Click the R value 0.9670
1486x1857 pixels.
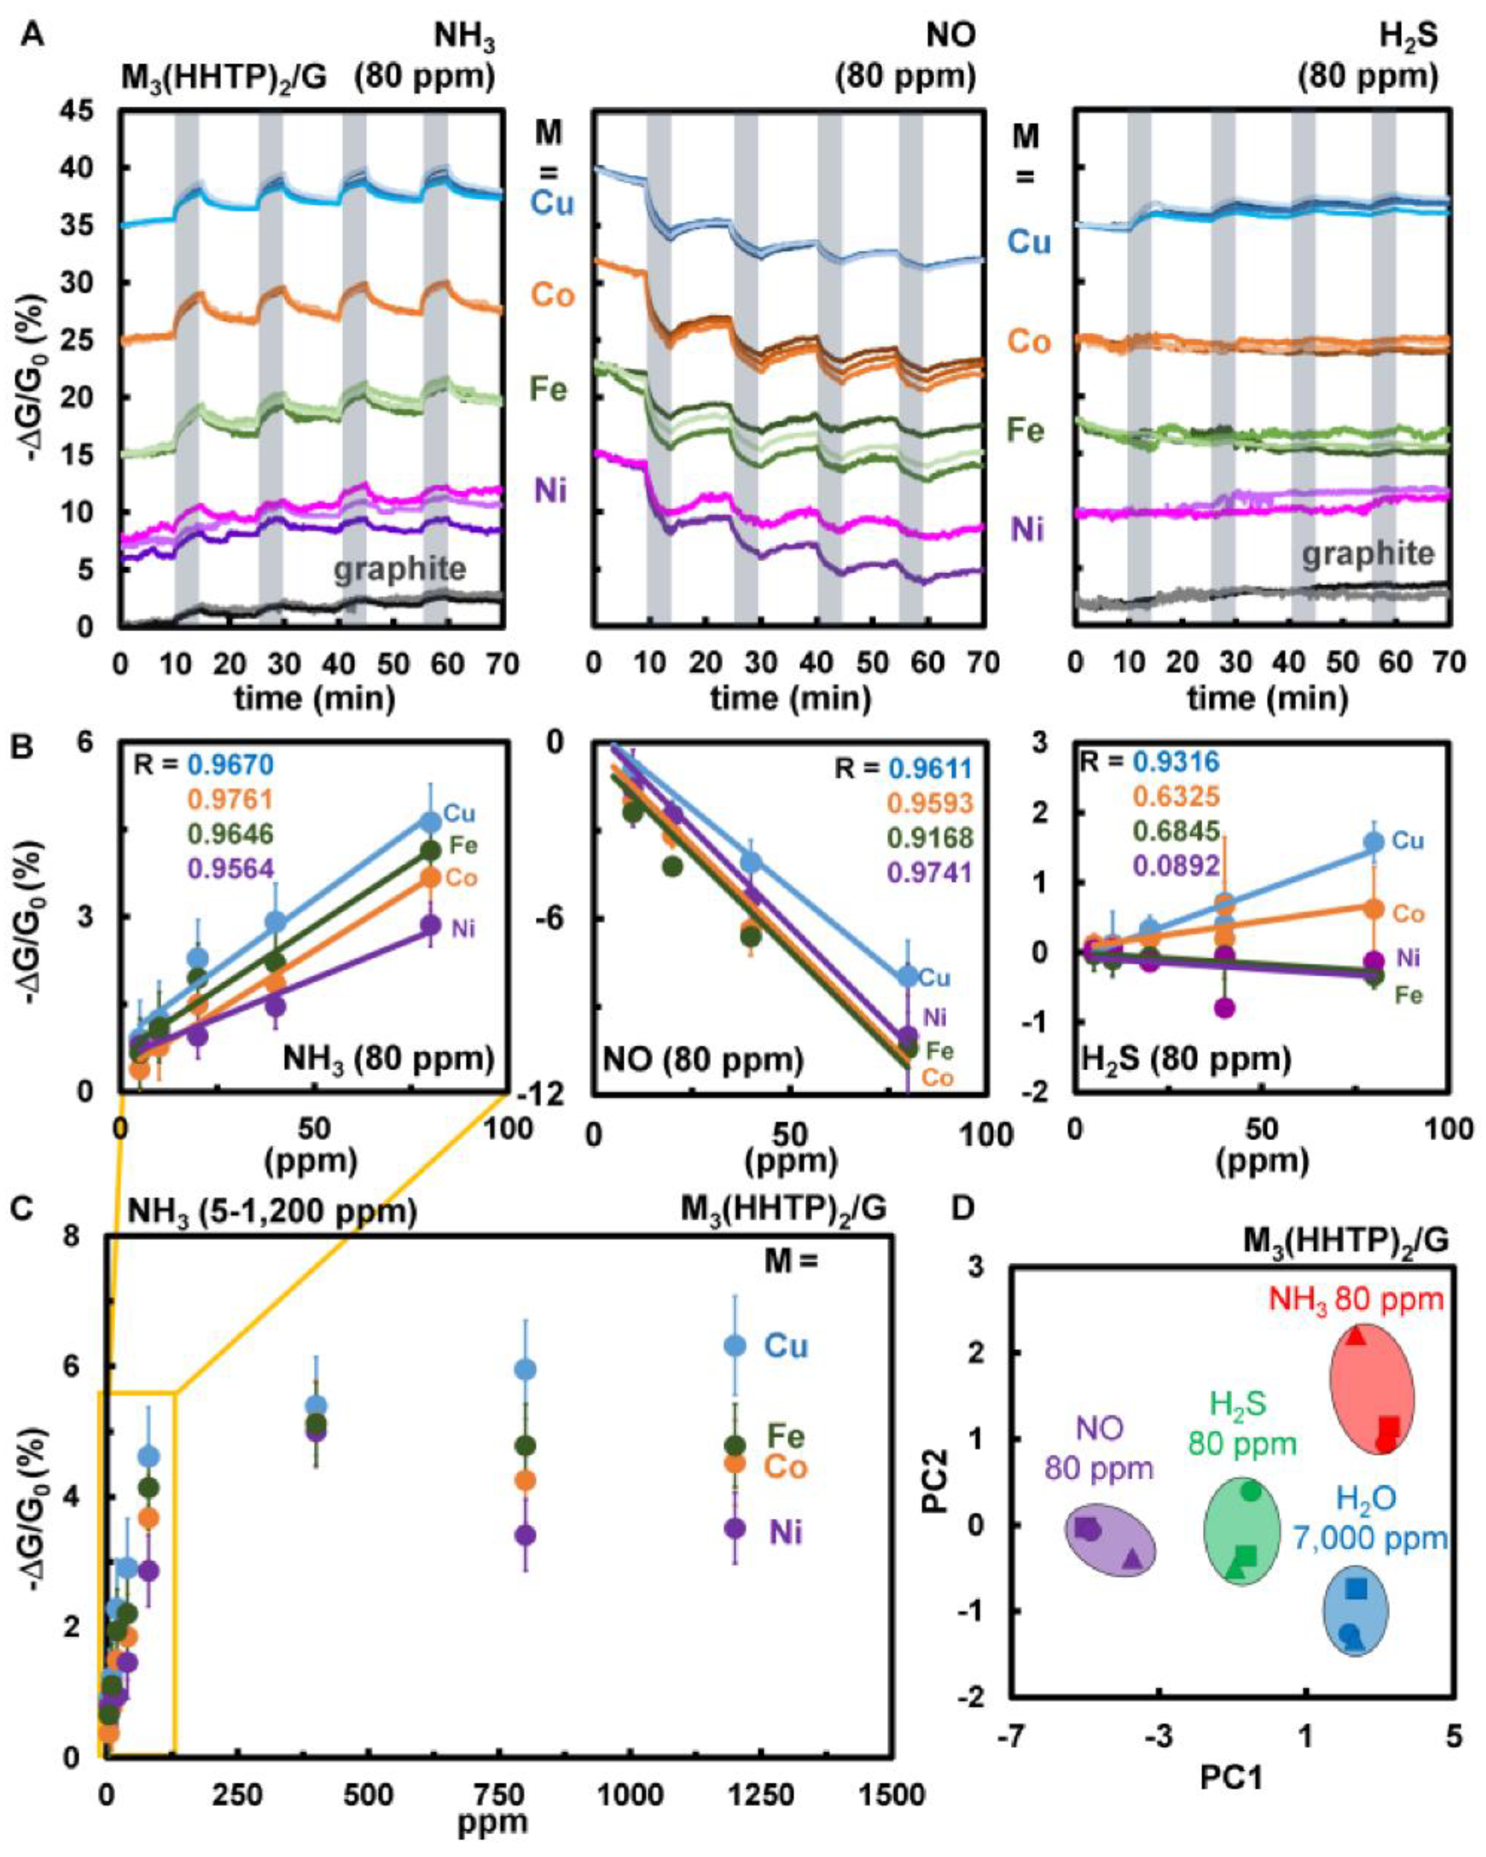[x=231, y=763]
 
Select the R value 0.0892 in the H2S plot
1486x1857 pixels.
[x=1177, y=866]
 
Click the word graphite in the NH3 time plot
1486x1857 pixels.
[x=400, y=570]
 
